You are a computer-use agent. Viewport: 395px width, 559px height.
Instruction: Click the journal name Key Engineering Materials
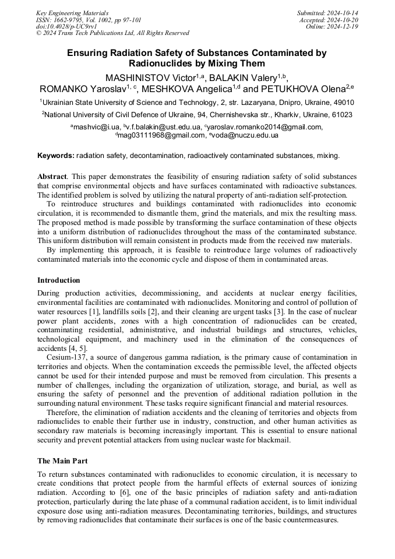pos(72,12)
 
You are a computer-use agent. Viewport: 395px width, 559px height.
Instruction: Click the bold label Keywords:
pos(56,156)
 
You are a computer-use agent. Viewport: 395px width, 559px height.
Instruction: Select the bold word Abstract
pos(52,176)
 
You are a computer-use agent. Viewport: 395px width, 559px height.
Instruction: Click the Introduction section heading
pos(59,280)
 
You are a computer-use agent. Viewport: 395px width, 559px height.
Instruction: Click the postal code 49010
pos(342,102)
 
